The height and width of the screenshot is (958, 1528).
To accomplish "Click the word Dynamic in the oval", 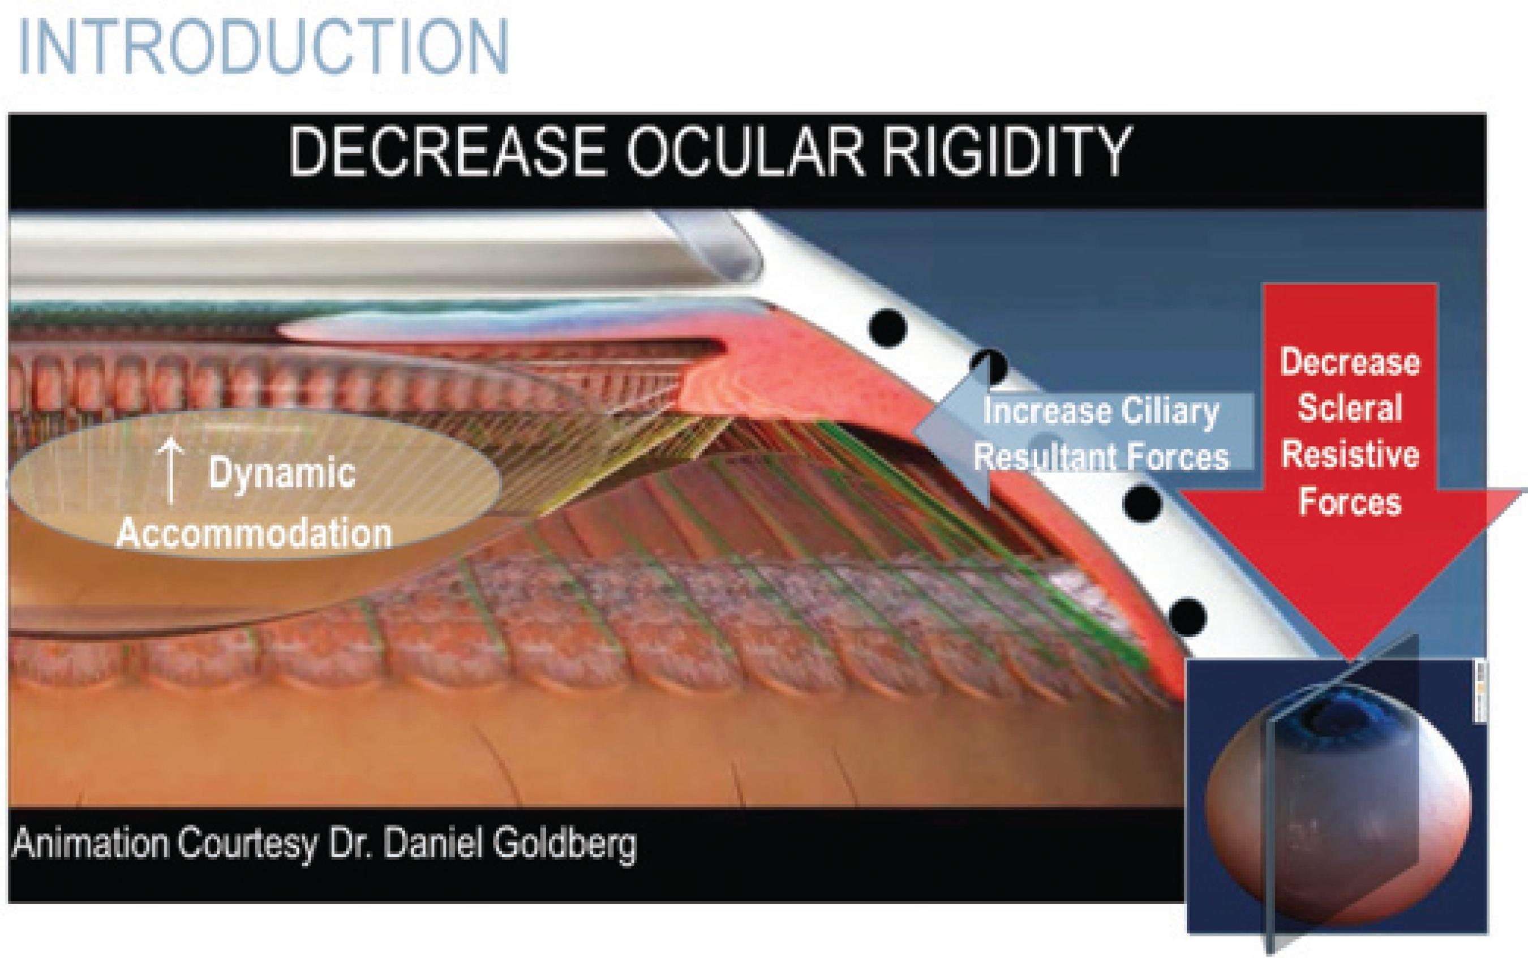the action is point(282,473).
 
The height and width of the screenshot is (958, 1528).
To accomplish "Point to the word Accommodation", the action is point(254,534).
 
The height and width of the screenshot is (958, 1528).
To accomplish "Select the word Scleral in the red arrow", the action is point(1349,407).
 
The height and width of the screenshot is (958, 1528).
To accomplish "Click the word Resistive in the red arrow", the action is point(1349,455).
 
